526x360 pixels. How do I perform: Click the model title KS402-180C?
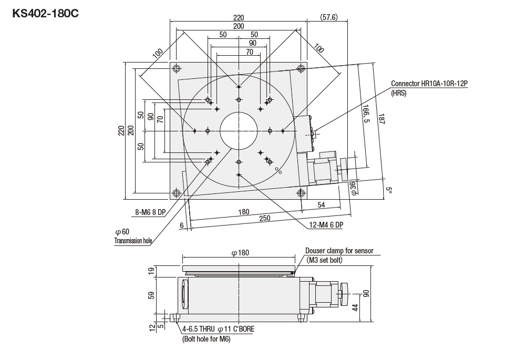click(x=46, y=13)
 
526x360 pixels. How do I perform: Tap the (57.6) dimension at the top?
click(x=329, y=17)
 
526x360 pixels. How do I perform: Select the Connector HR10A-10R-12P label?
click(x=429, y=84)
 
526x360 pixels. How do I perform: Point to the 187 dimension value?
click(x=381, y=119)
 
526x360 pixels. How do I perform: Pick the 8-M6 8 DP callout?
click(x=150, y=212)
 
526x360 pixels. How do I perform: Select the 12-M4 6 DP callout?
click(x=326, y=225)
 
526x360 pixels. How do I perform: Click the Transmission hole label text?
click(x=133, y=241)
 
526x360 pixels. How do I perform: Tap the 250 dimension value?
click(x=265, y=219)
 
